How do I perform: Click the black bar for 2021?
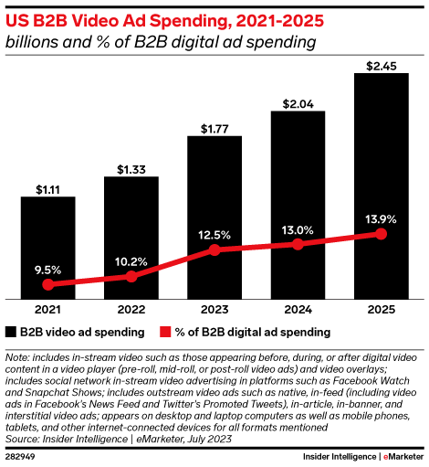(47, 247)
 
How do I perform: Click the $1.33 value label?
(131, 168)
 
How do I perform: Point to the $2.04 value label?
(298, 104)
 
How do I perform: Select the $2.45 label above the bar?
(381, 65)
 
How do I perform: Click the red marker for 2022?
(131, 276)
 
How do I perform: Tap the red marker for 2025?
(381, 235)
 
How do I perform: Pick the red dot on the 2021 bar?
(47, 284)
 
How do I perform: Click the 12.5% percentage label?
(214, 234)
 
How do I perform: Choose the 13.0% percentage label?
(298, 229)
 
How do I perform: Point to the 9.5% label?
(47, 269)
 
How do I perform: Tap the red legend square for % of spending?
(165, 331)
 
